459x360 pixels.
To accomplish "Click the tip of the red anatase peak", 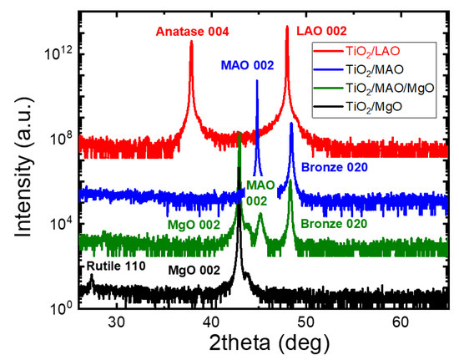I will (x=192, y=64).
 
